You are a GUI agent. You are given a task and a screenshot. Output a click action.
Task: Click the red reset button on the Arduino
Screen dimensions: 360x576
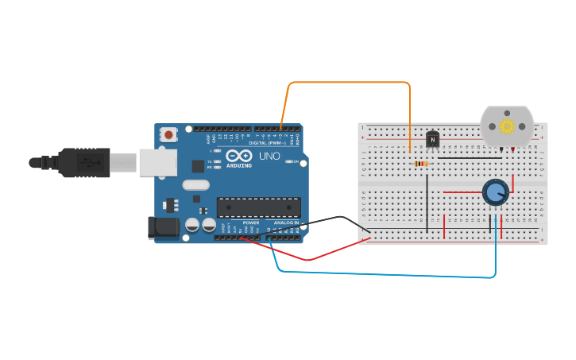point(168,134)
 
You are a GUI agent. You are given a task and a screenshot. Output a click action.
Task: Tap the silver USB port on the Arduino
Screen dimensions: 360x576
point(157,162)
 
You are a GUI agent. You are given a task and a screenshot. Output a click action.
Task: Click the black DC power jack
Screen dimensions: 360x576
point(164,227)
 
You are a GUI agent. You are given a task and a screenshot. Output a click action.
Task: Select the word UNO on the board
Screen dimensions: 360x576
point(269,156)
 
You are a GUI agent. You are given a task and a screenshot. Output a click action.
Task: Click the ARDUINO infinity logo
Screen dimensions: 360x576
point(238,155)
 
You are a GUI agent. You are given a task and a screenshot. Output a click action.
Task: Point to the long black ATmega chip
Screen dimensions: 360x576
point(259,207)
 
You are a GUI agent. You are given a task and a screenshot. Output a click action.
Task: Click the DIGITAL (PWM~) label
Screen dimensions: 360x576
point(267,143)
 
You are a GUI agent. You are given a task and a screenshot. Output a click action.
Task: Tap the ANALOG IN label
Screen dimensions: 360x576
point(286,223)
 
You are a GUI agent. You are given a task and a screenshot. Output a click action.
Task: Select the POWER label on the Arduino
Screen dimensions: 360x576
point(251,223)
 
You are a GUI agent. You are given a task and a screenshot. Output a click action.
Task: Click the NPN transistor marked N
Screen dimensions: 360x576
point(432,140)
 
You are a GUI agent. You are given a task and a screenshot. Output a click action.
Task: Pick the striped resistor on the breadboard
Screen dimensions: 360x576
point(421,164)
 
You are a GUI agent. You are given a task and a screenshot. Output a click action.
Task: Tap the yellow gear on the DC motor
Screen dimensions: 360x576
point(506,126)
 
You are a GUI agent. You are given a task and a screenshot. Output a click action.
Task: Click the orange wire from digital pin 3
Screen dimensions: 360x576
point(350,82)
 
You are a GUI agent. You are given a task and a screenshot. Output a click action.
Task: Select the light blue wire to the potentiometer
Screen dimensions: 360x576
point(381,274)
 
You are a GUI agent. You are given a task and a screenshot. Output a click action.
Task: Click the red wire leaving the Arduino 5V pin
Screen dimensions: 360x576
point(310,259)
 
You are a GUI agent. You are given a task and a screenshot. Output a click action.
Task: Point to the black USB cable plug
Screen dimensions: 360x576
point(83,162)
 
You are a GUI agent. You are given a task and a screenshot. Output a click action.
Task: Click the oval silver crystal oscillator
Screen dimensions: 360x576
point(195,185)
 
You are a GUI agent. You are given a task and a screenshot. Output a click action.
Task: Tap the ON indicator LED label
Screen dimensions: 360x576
point(296,161)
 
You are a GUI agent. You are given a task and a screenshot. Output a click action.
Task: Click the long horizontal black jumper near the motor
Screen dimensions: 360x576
point(469,157)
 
